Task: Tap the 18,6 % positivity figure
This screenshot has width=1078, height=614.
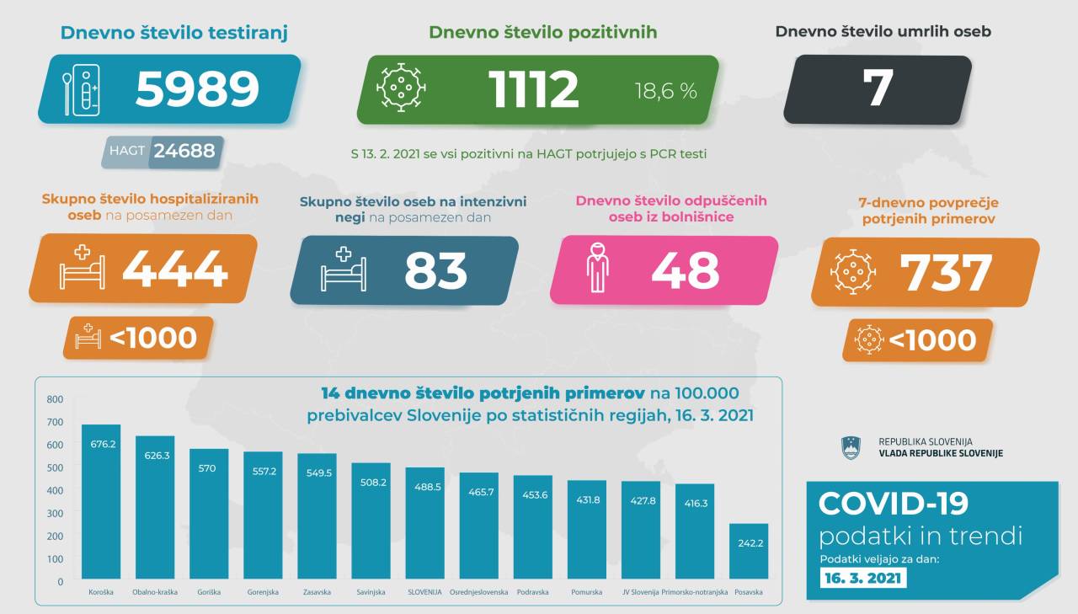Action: point(665,91)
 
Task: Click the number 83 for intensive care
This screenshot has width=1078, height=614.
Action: point(435,270)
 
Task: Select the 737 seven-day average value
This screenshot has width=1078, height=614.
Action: point(946,272)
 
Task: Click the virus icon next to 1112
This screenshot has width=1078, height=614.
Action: point(401,88)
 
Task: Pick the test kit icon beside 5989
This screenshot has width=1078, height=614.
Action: point(82,89)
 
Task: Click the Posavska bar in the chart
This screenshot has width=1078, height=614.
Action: point(748,552)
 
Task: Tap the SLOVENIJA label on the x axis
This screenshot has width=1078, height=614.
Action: point(424,592)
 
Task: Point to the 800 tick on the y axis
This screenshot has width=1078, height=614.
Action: point(55,399)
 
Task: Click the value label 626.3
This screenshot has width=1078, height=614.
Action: point(155,455)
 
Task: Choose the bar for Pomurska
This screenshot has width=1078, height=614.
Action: point(586,531)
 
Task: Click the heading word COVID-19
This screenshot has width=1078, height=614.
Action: point(894,504)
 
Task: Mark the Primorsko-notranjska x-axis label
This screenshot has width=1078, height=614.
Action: point(694,592)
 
